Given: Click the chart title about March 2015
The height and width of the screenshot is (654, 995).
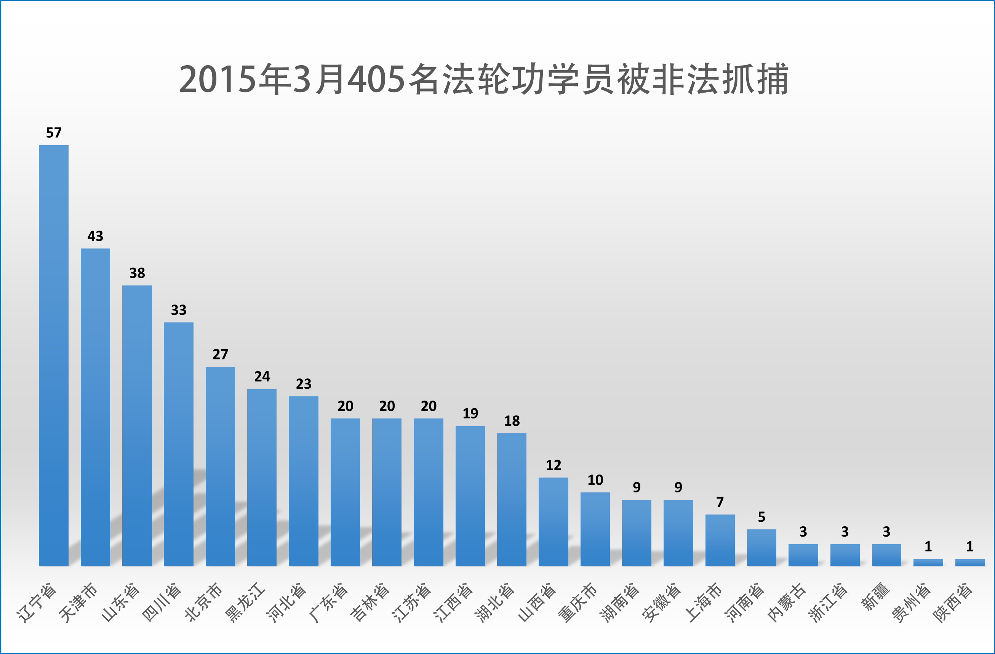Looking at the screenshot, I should click(484, 79).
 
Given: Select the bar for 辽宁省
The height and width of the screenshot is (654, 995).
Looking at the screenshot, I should click(53, 356).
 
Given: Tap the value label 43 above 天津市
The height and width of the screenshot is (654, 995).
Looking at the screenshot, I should click(95, 236).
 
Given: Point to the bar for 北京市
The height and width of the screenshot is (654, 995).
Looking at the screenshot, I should click(220, 466).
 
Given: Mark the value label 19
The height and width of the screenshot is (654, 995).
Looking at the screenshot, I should click(470, 414).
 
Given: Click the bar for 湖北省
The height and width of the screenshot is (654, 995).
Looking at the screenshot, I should click(512, 500).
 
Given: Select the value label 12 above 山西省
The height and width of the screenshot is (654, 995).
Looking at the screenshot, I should click(553, 465).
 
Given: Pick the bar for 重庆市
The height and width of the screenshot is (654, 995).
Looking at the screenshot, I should click(595, 529).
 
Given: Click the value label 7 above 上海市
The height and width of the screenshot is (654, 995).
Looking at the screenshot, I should click(720, 502).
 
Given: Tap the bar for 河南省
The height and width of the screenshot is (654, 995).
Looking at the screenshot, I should click(762, 548).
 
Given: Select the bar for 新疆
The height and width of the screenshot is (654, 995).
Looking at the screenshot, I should click(886, 555).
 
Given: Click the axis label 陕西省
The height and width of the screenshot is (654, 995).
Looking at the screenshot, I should click(953, 602).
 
